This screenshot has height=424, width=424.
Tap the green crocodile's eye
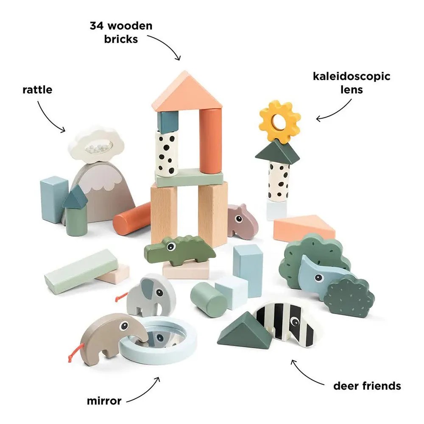pos(170,246)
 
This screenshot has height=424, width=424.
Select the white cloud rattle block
pos(96,145)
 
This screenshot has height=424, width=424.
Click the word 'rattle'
pos(37,90)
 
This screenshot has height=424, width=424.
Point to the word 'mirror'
pos(104,401)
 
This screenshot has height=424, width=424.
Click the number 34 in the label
pos(97,26)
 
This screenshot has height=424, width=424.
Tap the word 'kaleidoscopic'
pos(351,77)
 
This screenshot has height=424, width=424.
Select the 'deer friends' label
pos(367,386)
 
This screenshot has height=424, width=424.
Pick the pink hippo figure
pos(242,221)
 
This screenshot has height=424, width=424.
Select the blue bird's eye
pos(319,278)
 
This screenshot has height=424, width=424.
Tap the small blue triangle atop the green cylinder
pos(75,197)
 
